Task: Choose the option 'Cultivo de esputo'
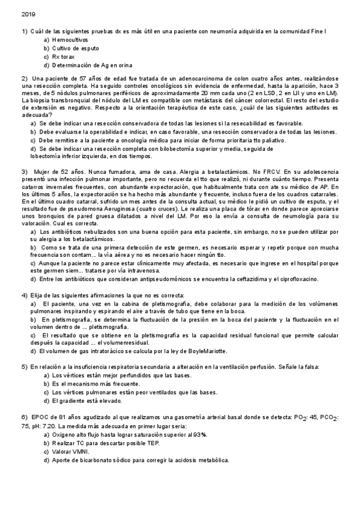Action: click(75, 48)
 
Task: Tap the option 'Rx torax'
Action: click(66, 56)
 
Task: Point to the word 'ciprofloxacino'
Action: click(298, 279)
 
